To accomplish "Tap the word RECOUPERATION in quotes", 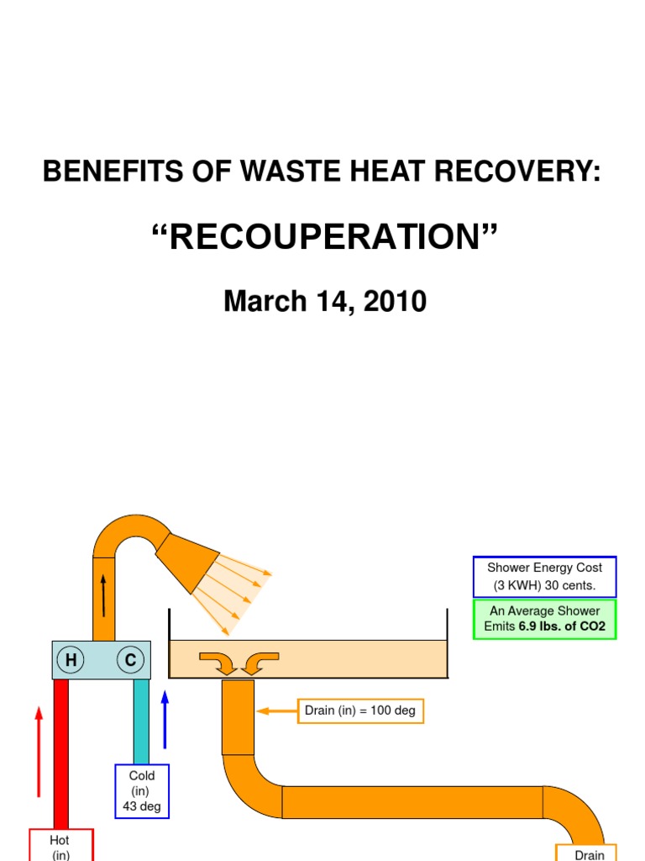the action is [325, 236].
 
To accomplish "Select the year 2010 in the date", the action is [395, 301].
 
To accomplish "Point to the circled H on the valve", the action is [71, 659].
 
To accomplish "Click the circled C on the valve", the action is [130, 659].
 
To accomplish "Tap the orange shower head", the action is [187, 563].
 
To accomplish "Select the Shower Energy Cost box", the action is [544, 577].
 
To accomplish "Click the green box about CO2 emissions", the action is [544, 619].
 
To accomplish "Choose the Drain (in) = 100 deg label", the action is [360, 710].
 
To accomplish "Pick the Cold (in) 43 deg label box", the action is [142, 791].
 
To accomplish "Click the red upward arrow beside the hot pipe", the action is [39, 752].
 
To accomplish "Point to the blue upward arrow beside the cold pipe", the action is [165, 720].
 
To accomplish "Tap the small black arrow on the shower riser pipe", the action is [103, 595].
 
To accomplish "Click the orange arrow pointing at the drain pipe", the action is [277, 711].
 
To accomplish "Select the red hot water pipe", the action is [60, 754].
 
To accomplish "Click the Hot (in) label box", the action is [60, 845].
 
